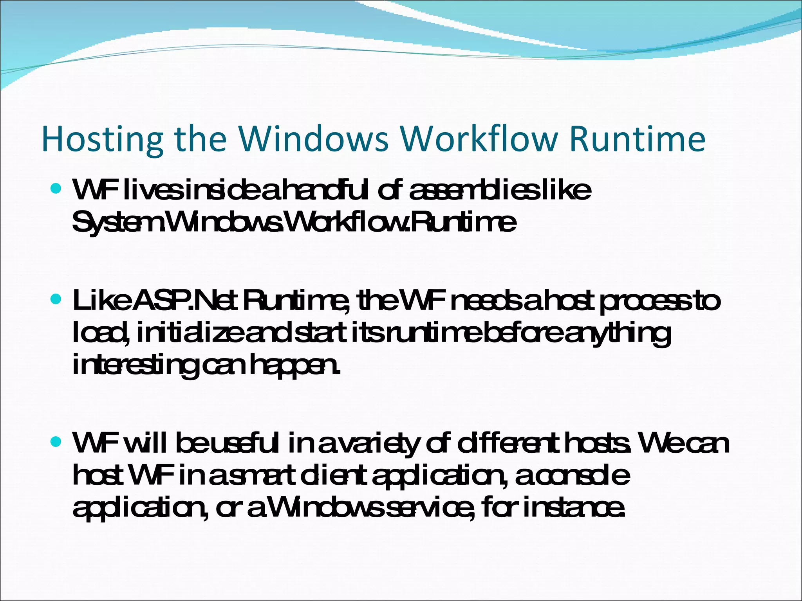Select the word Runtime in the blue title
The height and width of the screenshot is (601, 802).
point(637,139)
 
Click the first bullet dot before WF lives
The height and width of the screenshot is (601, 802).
point(56,189)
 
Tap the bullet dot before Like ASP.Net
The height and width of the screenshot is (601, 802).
point(56,300)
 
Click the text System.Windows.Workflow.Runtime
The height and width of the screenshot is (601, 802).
point(294,223)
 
